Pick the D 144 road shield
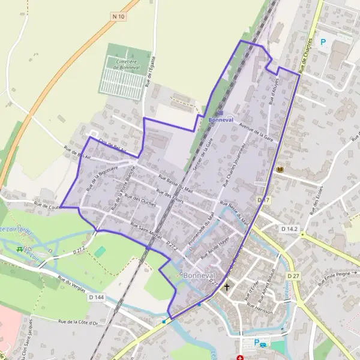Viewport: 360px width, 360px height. (x=96, y=296)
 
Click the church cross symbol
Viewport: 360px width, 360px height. (x=227, y=287)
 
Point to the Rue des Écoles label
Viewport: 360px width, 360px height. (x=314, y=208)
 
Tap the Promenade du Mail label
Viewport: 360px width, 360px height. (x=202, y=229)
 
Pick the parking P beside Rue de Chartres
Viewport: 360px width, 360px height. (x=323, y=42)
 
